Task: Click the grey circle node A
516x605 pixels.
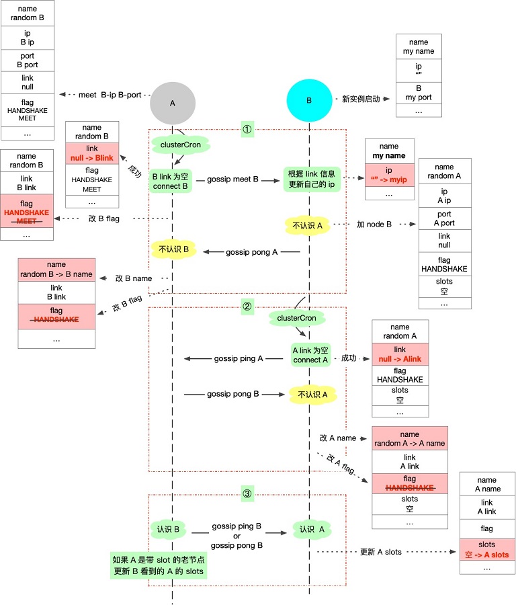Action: pyautogui.click(x=173, y=104)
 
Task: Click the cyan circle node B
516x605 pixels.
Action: pyautogui.click(x=309, y=100)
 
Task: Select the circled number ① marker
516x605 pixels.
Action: pyautogui.click(x=247, y=129)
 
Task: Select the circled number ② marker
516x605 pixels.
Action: pyautogui.click(x=247, y=307)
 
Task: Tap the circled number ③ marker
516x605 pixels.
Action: pyautogui.click(x=247, y=493)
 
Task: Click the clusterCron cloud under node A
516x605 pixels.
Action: pyautogui.click(x=181, y=145)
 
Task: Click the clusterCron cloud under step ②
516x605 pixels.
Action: pyautogui.click(x=296, y=318)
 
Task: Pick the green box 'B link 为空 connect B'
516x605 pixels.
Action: pyautogui.click(x=171, y=182)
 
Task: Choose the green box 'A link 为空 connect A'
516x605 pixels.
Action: pyautogui.click(x=310, y=355)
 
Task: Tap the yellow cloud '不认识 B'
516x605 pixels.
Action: pyautogui.click(x=173, y=249)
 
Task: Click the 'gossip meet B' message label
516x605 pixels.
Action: pyautogui.click(x=232, y=179)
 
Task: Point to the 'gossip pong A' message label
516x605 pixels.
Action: pyautogui.click(x=251, y=252)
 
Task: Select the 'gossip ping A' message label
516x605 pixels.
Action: pyautogui.click(x=239, y=359)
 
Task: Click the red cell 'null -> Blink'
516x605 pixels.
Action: pyautogui.click(x=92, y=153)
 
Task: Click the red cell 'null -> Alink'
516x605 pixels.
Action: pyautogui.click(x=400, y=354)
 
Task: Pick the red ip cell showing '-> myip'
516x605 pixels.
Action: pyautogui.click(x=389, y=175)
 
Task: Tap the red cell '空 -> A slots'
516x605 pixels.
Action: pyautogui.click(x=486, y=550)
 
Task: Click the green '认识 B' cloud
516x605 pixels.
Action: pyautogui.click(x=168, y=530)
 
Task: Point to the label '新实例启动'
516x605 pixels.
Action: pyautogui.click(x=361, y=99)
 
